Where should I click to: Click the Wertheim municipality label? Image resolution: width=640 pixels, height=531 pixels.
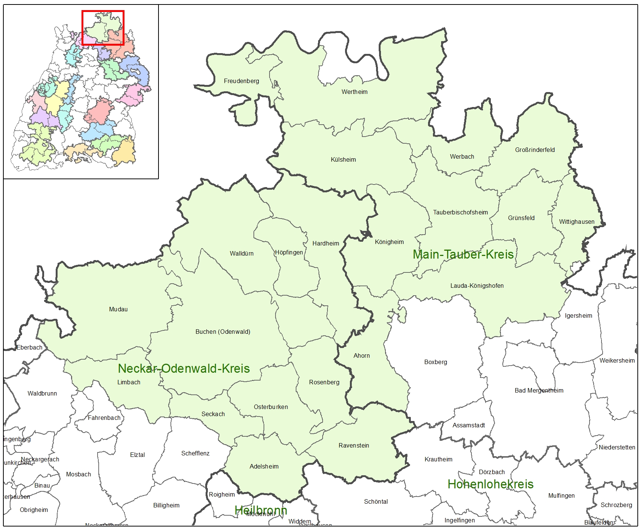click(x=354, y=92)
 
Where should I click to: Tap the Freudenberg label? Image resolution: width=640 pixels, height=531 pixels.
click(x=241, y=81)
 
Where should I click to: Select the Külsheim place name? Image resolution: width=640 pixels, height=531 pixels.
click(x=343, y=159)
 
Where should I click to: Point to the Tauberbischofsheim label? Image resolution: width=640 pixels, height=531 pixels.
click(x=460, y=212)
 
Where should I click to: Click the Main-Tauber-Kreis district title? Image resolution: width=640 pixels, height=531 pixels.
click(x=463, y=254)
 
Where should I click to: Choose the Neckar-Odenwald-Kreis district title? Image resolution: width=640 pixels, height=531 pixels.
click(x=184, y=368)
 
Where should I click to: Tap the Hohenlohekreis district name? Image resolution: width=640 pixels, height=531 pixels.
click(x=490, y=484)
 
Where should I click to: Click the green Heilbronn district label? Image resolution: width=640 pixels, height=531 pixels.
click(x=261, y=510)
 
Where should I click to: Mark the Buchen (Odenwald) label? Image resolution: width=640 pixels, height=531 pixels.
click(x=223, y=332)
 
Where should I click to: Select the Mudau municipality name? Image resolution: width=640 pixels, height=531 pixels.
click(x=118, y=309)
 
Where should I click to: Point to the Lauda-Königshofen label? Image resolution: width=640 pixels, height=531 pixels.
click(x=477, y=286)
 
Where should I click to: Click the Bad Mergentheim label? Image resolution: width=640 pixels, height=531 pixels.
click(x=539, y=390)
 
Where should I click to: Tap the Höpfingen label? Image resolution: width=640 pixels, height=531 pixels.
click(x=289, y=252)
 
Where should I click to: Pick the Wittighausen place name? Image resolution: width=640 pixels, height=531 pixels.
click(x=576, y=222)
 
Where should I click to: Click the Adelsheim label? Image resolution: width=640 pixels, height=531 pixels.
click(x=264, y=466)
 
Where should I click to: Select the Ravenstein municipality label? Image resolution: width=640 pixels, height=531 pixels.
click(x=354, y=445)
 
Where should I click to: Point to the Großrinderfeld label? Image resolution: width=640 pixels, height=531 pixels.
click(x=535, y=150)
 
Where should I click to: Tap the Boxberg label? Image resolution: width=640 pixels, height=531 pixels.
click(x=436, y=362)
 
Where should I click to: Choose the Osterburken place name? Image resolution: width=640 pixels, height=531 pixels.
click(x=271, y=407)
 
